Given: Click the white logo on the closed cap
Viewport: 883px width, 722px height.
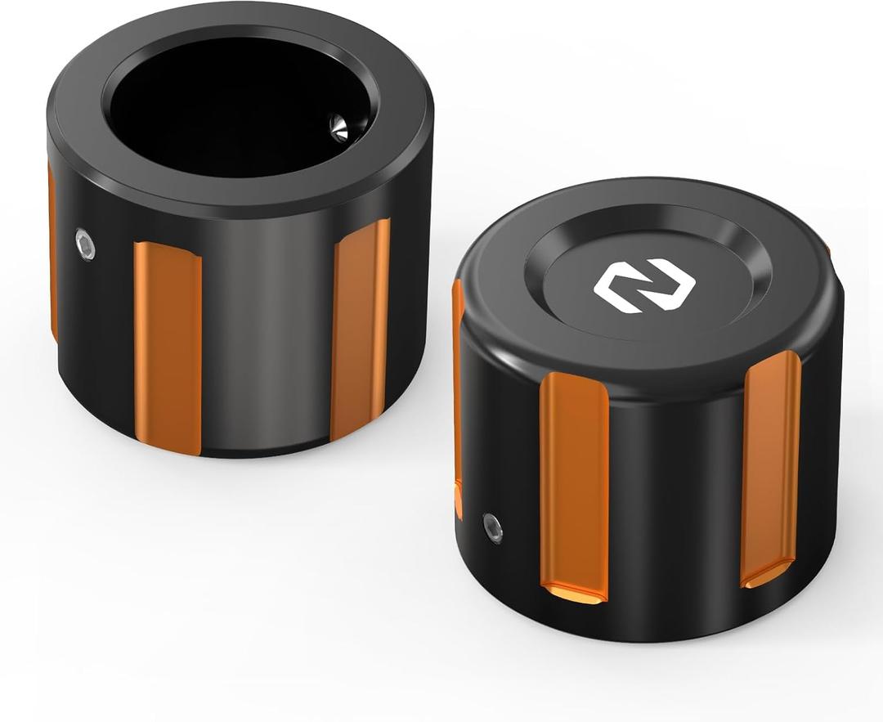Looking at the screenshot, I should click(644, 285).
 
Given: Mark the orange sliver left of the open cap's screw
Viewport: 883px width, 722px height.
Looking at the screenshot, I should click(52, 245).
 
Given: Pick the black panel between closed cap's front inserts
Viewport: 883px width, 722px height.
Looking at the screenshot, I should click(675, 491).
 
